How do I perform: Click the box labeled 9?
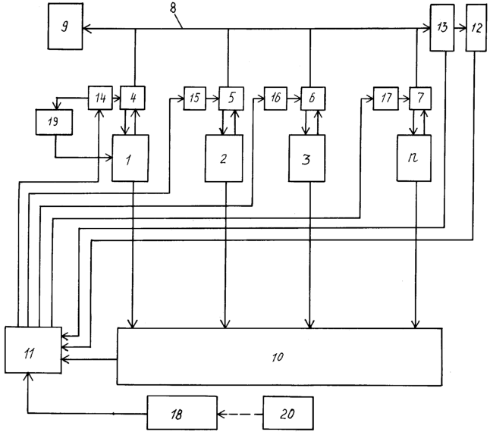[x=65, y=27]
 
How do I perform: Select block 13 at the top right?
[x=442, y=27]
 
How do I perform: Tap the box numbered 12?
[x=476, y=28]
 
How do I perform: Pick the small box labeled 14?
[x=100, y=98]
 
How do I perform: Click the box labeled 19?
[x=54, y=122]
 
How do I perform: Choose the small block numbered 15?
[x=195, y=99]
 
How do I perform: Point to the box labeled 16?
[x=275, y=99]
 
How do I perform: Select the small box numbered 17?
[x=386, y=99]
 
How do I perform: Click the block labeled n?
[x=414, y=158]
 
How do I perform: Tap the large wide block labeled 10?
[x=279, y=357]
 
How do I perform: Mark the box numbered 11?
[x=33, y=350]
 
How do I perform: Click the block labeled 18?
[x=182, y=412]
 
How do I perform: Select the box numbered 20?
[x=288, y=413]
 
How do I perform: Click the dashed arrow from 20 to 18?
[x=240, y=415]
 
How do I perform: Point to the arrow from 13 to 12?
[x=460, y=29]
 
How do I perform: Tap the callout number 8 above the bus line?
[x=173, y=8]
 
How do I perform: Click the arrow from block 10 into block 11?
[x=90, y=359]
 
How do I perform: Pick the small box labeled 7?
[x=420, y=99]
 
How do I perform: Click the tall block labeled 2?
[x=224, y=158]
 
